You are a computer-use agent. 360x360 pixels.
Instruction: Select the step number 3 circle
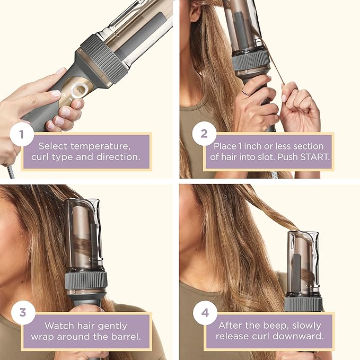pos(22,313)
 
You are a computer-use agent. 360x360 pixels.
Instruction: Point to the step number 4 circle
pos(205,313)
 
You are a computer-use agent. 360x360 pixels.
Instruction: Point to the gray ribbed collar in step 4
pos(303,303)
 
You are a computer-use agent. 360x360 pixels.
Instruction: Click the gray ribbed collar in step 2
pos(250,59)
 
